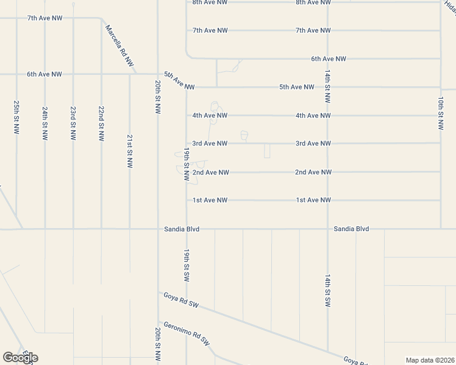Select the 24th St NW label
click(45, 123)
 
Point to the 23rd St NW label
click(73, 123)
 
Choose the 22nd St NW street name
click(101, 123)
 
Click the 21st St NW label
click(129, 151)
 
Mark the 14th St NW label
click(327, 88)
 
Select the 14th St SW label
click(327, 290)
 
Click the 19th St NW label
click(187, 164)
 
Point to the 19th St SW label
click(187, 265)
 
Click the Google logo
click(20, 358)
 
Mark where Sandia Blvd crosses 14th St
click(327, 229)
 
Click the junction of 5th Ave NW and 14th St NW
click(327, 87)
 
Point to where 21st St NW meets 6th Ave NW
click(129, 74)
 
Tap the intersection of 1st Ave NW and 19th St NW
click(187, 200)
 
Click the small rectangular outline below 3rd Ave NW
click(267, 151)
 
